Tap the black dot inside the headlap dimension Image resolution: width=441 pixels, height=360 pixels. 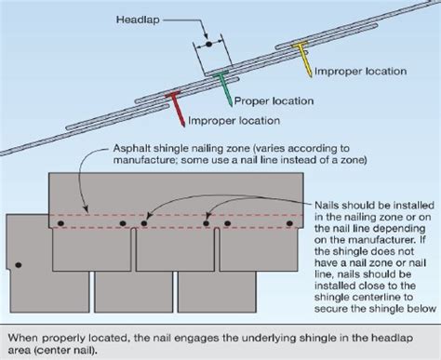(209, 43)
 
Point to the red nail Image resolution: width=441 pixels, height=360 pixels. (175, 108)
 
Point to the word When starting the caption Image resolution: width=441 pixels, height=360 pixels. (23, 332)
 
